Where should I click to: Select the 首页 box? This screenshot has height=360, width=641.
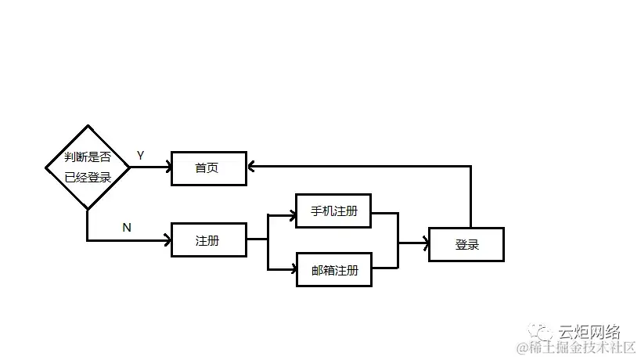click(208, 168)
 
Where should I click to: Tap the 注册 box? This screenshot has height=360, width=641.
click(208, 241)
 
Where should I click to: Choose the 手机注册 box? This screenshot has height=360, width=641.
click(333, 211)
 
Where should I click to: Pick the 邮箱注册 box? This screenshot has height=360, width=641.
click(333, 270)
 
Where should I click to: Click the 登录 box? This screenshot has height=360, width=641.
click(466, 244)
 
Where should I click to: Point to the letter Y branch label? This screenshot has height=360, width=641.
click(140, 155)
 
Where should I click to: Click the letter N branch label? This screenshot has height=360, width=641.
click(127, 228)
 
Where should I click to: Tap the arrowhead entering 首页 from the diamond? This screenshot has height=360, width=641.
click(167, 166)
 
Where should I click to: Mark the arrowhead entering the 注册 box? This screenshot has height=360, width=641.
click(167, 240)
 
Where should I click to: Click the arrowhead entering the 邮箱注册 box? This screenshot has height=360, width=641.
click(291, 270)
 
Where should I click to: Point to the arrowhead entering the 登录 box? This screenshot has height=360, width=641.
click(424, 243)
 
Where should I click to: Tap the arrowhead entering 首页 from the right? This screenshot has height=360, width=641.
click(251, 166)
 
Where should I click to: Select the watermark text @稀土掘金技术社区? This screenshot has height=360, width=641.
click(574, 347)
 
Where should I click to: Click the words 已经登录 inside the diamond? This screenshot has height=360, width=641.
click(88, 178)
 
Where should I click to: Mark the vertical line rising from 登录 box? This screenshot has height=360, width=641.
click(470, 196)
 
